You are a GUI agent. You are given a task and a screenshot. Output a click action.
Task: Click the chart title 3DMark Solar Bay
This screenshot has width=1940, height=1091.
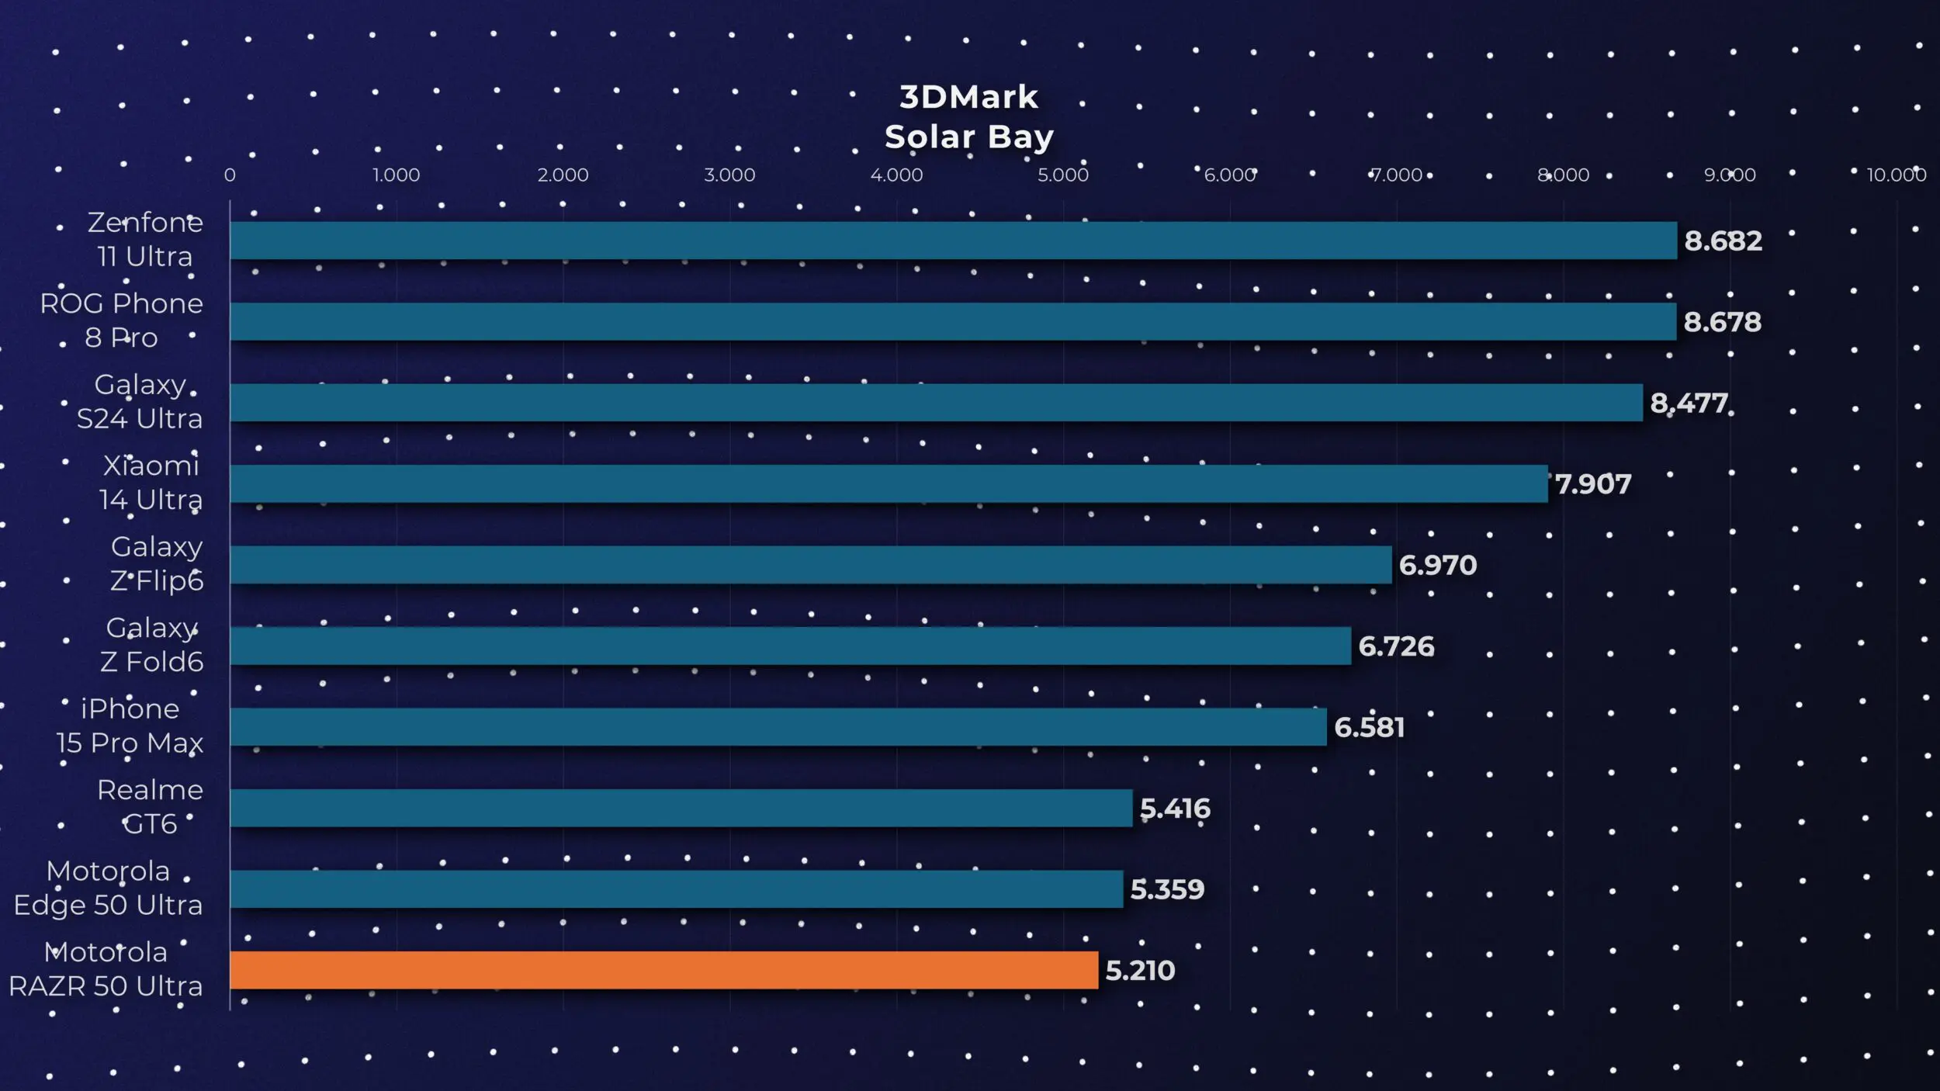(968, 117)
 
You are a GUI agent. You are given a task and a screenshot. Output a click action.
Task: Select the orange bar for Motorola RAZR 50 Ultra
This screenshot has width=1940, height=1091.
(663, 970)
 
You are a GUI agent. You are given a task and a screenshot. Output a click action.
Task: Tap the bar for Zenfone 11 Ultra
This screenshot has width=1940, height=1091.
(953, 241)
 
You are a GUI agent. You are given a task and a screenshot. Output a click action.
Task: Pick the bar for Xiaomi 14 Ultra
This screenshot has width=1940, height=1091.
(889, 483)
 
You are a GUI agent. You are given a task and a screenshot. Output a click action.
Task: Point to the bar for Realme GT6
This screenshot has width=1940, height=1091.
(681, 808)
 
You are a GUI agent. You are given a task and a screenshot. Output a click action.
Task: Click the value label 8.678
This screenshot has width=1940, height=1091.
(1722, 322)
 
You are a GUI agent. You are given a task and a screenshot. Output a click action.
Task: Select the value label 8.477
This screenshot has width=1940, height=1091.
(1689, 403)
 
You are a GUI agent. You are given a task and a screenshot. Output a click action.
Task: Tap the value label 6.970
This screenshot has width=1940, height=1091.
(1437, 565)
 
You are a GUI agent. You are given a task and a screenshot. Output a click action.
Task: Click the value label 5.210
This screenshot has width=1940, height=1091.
(1139, 971)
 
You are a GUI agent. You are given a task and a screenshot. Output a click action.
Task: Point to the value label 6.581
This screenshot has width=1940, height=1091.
(1369, 727)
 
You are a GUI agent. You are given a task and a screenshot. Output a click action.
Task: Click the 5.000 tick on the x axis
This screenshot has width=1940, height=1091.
(1063, 175)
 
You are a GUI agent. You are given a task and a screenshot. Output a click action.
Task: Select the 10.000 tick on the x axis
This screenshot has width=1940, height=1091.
(1896, 175)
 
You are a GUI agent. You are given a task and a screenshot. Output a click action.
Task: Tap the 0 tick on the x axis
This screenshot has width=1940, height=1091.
(230, 175)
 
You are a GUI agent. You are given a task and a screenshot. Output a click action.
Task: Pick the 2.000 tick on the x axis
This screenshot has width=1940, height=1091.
(563, 175)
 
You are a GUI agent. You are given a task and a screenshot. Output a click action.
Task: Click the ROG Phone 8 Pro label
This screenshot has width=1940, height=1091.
(122, 320)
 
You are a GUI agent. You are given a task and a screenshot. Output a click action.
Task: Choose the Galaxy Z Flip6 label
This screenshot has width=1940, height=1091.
(157, 563)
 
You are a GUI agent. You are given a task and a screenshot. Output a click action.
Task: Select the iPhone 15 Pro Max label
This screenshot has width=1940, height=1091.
(130, 726)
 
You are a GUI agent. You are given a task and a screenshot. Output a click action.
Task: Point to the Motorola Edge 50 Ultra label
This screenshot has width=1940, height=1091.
(108, 888)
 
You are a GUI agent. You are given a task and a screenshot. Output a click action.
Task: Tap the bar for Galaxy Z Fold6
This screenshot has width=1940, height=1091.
(790, 646)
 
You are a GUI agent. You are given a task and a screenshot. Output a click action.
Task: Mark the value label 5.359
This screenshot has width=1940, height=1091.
(1166, 889)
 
